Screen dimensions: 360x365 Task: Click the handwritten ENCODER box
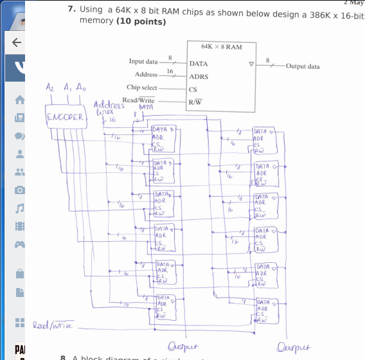click(x=64, y=117)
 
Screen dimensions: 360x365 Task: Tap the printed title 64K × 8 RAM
click(x=220, y=47)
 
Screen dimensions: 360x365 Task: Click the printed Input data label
click(x=143, y=62)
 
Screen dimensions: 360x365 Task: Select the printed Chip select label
click(x=142, y=87)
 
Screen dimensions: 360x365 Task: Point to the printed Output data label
click(x=303, y=66)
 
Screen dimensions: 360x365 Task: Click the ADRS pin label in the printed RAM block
click(x=199, y=76)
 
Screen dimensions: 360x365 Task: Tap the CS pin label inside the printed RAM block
click(x=193, y=89)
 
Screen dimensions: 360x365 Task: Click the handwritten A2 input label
click(x=51, y=87)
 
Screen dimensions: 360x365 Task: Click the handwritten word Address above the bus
click(x=109, y=105)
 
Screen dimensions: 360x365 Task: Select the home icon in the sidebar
click(x=19, y=100)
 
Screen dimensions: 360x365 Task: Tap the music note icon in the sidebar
click(x=19, y=208)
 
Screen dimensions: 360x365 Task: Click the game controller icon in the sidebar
click(x=19, y=244)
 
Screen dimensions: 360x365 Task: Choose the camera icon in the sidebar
click(x=19, y=190)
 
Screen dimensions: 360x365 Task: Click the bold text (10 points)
click(x=141, y=21)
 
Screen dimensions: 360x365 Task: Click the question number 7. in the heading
click(x=73, y=10)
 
